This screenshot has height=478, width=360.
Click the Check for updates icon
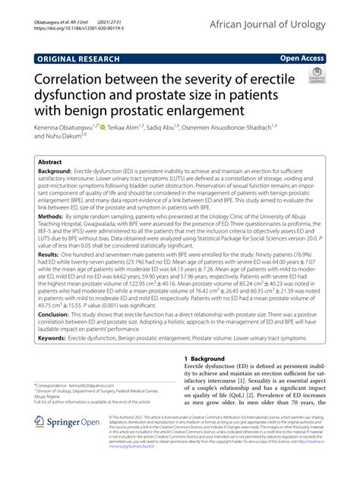tap(316, 76)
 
